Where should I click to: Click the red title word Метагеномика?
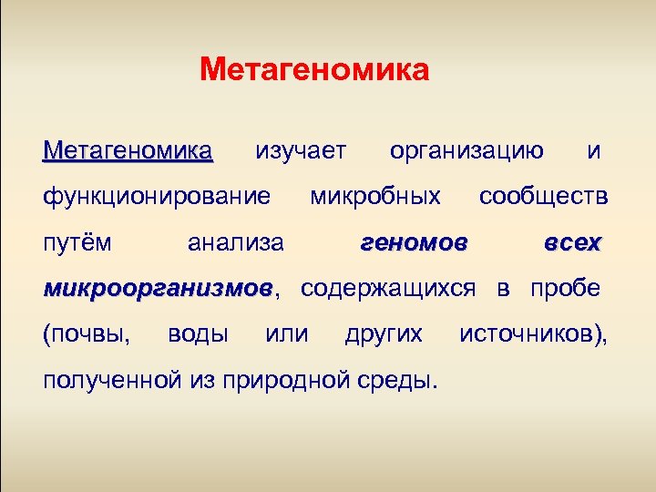314,69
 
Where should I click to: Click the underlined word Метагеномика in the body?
128,149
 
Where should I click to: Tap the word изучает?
301,149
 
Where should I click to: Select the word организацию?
466,149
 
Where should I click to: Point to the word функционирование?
157,196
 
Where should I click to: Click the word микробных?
375,196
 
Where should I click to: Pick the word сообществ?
544,196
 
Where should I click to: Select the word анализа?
235,243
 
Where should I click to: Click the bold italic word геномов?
415,243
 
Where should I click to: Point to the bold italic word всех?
572,243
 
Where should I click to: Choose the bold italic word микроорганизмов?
157,290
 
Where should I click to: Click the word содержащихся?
387,290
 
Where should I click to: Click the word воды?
198,334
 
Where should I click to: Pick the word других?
384,334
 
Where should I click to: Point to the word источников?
529,334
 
